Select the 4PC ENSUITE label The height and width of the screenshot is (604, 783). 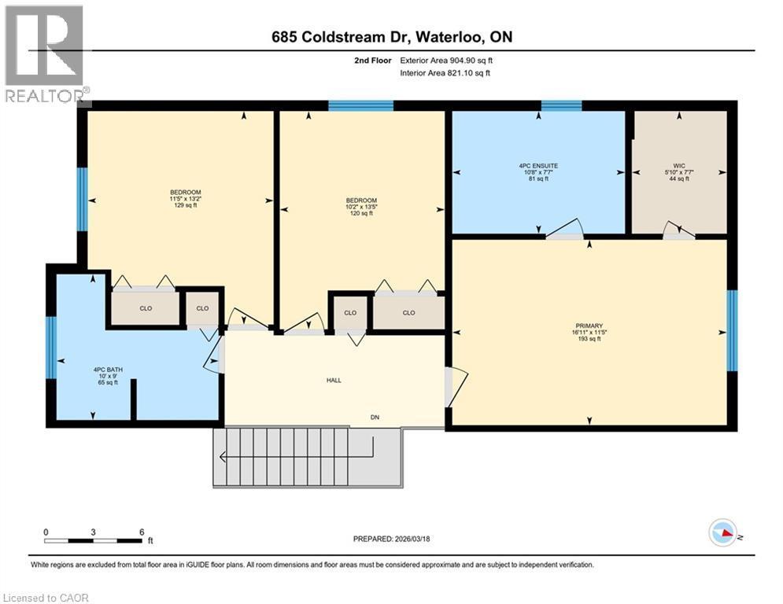click(538, 166)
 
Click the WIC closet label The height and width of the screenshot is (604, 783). click(678, 166)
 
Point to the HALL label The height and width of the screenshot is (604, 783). click(334, 381)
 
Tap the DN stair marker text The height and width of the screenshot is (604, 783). click(376, 417)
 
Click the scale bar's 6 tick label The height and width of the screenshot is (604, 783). click(142, 532)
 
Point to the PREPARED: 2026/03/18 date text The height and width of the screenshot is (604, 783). click(393, 539)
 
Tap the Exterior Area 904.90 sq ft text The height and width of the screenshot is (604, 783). click(446, 60)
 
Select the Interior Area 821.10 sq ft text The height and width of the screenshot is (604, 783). click(445, 73)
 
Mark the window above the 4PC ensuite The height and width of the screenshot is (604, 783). click(562, 106)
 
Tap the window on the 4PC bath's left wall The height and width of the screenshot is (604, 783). click(51, 347)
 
